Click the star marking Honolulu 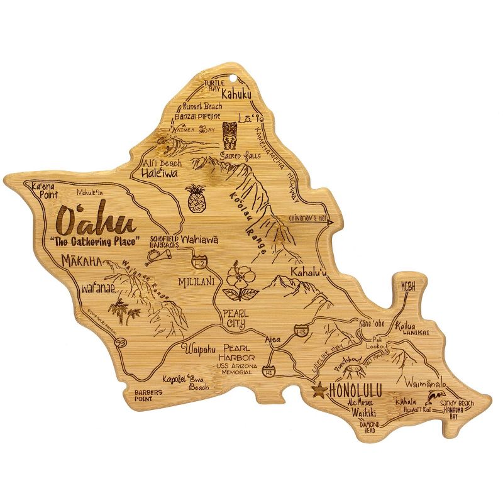coord(319,390)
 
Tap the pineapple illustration coord(196,198)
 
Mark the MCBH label coord(409,285)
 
